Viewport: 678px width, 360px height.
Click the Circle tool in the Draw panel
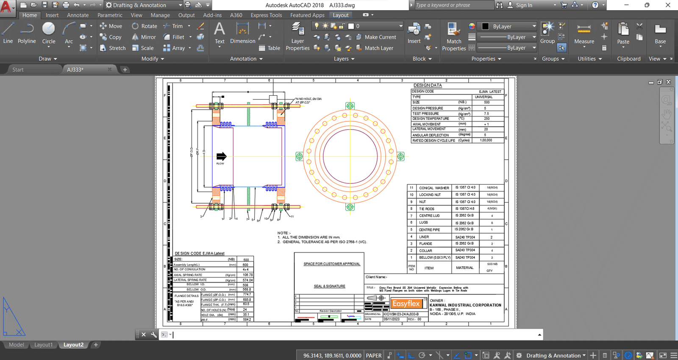tap(49, 33)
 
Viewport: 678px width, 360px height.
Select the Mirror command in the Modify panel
tap(144, 37)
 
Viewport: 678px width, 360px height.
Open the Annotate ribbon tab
tap(78, 15)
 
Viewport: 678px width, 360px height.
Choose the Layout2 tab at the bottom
tap(73, 345)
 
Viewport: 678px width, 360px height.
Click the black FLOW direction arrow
tap(221, 156)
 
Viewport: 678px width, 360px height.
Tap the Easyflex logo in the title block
tap(406, 303)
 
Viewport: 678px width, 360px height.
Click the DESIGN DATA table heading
tap(428, 86)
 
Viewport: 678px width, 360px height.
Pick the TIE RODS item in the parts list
tap(427, 209)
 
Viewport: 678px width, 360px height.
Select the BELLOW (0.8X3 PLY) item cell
tap(434, 258)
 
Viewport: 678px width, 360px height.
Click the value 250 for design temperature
tap(487, 119)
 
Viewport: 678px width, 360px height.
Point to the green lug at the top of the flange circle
tap(350, 106)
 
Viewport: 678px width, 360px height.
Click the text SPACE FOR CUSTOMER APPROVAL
tap(332, 264)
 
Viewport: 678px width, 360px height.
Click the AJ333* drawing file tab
tap(75, 69)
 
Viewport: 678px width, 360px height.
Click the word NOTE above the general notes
tap(283, 233)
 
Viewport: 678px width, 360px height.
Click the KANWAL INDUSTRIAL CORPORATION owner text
tap(465, 305)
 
